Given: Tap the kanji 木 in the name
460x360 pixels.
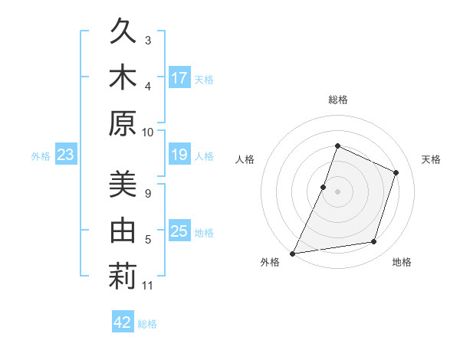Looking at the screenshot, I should (123, 77).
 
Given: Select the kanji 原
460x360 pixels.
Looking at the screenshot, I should (123, 122).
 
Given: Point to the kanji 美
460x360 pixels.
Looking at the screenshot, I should (123, 186).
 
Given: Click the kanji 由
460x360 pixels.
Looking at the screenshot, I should (123, 231).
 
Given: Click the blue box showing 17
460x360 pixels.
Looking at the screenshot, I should (179, 78).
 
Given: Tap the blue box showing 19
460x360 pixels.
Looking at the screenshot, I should (179, 155).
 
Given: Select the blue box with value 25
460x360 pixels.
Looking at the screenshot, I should (179, 231).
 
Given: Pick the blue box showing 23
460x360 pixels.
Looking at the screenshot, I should (65, 155).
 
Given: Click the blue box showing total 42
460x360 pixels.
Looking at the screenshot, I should (123, 322).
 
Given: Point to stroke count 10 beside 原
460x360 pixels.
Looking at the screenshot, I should (148, 132).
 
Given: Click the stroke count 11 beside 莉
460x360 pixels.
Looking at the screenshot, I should (148, 286).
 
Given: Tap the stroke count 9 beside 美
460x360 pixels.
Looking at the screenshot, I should (148, 193).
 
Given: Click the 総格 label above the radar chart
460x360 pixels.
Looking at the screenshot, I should (337, 100).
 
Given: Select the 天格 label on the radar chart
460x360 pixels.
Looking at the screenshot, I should (431, 159).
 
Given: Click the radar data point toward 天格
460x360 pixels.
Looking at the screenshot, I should (396, 172).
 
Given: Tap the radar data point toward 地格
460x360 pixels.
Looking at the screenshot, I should (374, 242).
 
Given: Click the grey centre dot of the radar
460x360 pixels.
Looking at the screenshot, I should (337, 191).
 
